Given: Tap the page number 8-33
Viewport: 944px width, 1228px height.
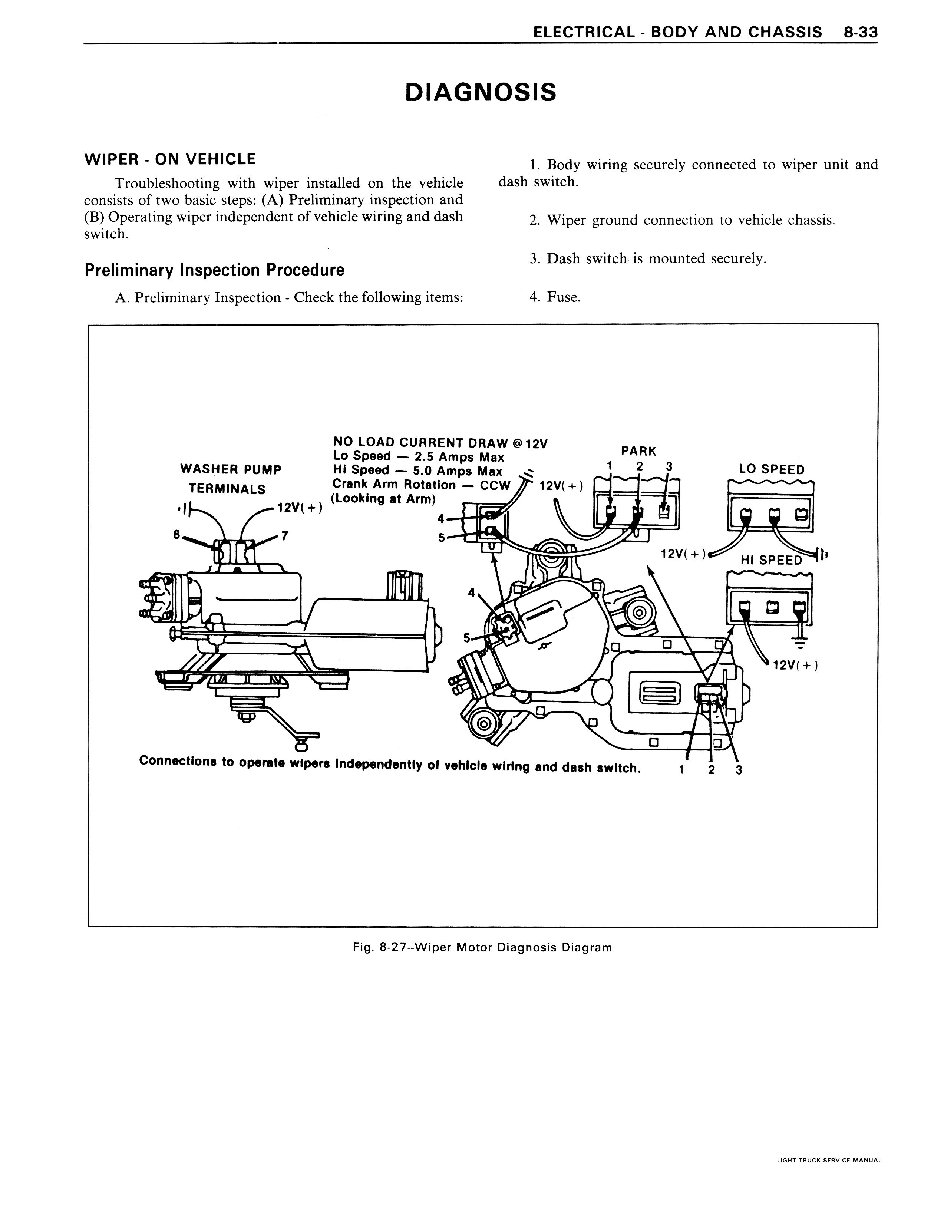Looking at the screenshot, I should (x=860, y=32).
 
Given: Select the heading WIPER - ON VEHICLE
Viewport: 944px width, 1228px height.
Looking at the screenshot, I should (x=170, y=159).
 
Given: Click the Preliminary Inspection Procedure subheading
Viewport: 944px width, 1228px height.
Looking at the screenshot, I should (x=214, y=270).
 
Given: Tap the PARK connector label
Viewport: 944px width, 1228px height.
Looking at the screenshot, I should (x=638, y=451).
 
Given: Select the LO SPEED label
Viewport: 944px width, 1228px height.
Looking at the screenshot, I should (x=772, y=470).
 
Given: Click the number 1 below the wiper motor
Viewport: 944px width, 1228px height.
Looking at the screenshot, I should (x=681, y=770).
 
